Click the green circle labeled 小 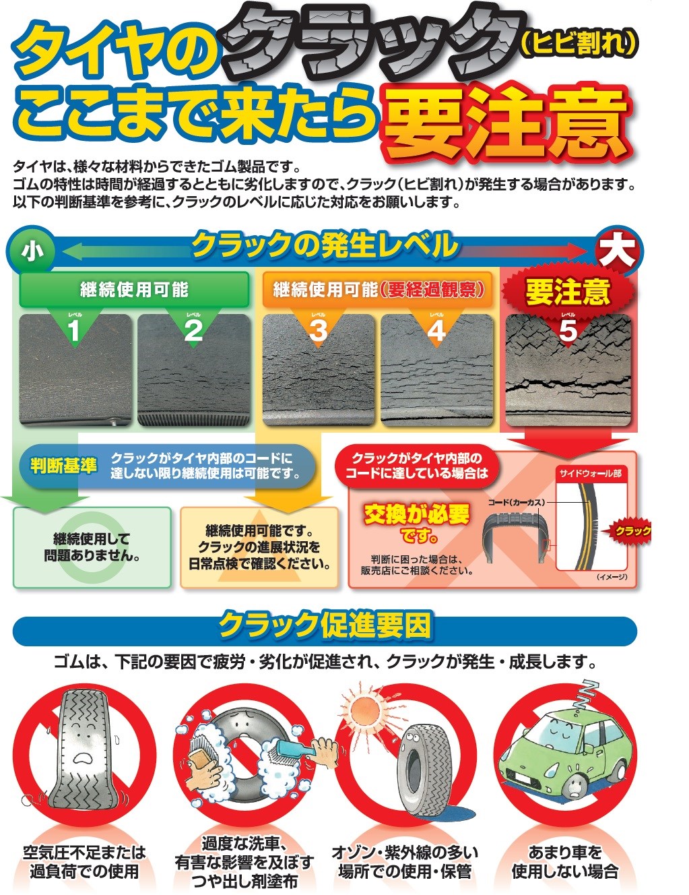tap(33, 251)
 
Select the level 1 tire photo tap(75, 370)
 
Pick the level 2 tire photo tap(193, 370)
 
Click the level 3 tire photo tap(318, 370)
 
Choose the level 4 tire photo tap(436, 370)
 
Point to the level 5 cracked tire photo tap(568, 370)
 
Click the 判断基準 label tap(64, 466)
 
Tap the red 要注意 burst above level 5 tap(568, 292)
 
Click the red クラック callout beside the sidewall tap(628, 531)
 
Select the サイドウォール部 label tap(590, 474)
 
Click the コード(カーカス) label tap(517, 503)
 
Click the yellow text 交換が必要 tap(416, 514)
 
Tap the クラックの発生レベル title tap(325, 245)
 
